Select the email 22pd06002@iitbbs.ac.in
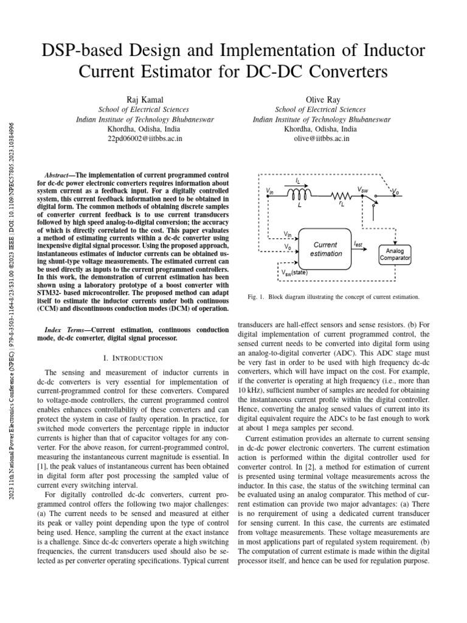click(144, 139)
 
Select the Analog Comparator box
click(395, 254)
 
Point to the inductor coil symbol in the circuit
click(299, 193)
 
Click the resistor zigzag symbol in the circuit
click(341, 195)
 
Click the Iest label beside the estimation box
click(359, 243)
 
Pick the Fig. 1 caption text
click(333, 297)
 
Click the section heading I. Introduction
click(133, 358)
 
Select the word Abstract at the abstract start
click(59, 173)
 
